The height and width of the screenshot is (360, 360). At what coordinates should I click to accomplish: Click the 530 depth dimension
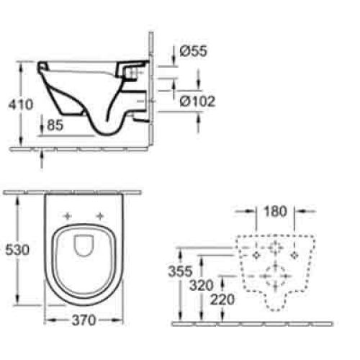17,250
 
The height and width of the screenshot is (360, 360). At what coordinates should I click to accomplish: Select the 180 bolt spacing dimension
276,212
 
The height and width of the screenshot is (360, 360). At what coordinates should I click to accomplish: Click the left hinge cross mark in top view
69,216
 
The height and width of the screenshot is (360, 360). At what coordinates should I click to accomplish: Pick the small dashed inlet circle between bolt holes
276,249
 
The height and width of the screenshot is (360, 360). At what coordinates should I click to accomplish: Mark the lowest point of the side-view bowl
108,135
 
